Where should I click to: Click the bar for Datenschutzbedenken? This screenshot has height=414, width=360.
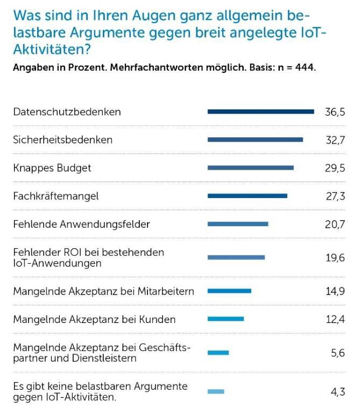pyautogui.click(x=260, y=112)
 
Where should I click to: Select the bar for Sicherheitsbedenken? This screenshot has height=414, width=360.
pyautogui.click(x=255, y=140)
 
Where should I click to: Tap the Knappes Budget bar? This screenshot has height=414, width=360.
pyautogui.click(x=251, y=168)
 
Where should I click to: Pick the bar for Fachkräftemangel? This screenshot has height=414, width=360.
pyautogui.click(x=248, y=196)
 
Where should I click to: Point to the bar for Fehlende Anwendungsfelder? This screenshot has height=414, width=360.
pyautogui.click(x=238, y=224)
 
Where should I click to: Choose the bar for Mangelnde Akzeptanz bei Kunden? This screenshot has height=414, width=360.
pyautogui.click(x=225, y=319)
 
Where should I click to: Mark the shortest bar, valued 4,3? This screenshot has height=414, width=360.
pyautogui.click(x=216, y=391)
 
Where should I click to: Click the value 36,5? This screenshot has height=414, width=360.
pyautogui.click(x=334, y=112)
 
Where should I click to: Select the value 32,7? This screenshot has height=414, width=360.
pyautogui.click(x=334, y=140)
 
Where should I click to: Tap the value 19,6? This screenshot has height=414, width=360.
pyautogui.click(x=335, y=257)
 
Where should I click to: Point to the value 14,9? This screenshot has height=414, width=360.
pyautogui.click(x=335, y=291)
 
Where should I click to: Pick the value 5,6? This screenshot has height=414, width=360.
pyautogui.click(x=338, y=353)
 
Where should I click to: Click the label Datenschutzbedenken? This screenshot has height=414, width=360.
pyautogui.click(x=67, y=112)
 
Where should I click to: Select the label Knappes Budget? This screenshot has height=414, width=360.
pyautogui.click(x=52, y=168)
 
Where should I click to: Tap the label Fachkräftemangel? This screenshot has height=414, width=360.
pyautogui.click(x=56, y=196)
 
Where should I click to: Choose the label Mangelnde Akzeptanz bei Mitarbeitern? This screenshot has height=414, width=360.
pyautogui.click(x=103, y=291)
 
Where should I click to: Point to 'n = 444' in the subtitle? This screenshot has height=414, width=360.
pyautogui.click(x=294, y=68)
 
